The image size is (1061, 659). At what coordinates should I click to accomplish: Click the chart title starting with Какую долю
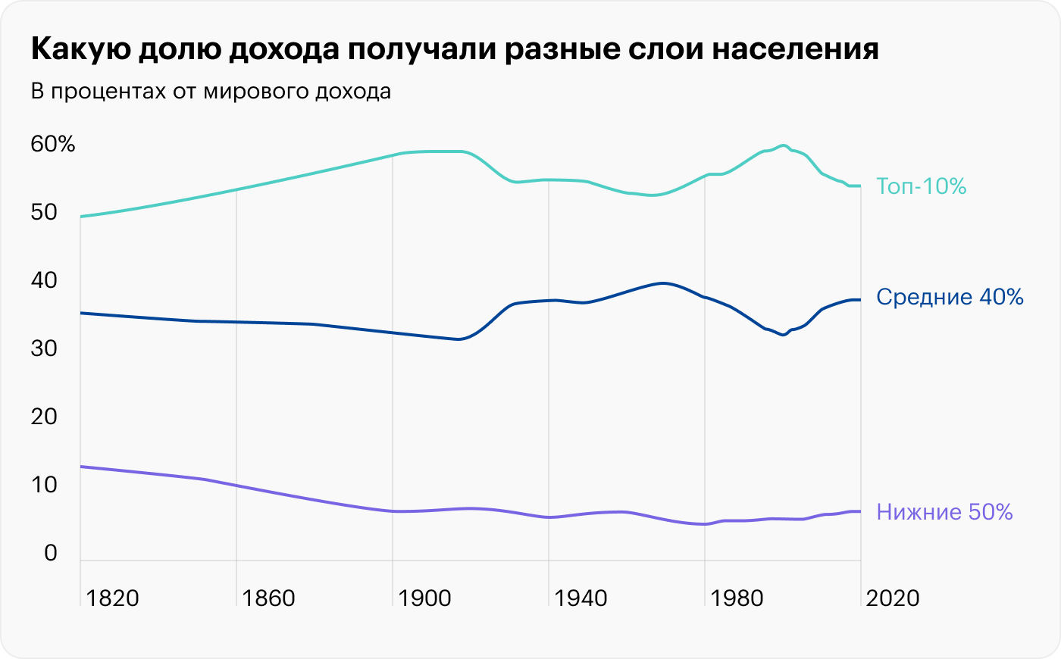455,50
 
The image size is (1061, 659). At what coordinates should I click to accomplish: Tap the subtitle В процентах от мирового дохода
211,92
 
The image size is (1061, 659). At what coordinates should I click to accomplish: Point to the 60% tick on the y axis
53,144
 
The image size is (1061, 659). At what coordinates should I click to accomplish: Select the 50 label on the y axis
44,212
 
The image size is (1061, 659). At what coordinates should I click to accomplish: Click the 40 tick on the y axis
44,280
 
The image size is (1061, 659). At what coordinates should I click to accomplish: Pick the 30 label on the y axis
44,348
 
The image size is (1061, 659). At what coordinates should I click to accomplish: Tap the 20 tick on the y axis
44,417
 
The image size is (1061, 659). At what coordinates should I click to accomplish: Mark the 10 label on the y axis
44,485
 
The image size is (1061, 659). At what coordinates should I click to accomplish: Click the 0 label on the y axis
51,553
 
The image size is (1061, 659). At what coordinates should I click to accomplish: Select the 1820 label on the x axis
113,598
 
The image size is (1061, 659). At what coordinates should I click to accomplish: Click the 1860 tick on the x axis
269,598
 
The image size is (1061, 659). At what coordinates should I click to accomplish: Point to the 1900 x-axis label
425,598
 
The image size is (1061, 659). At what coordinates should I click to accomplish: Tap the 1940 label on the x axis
581,598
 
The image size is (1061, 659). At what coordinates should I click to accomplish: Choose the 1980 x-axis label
737,598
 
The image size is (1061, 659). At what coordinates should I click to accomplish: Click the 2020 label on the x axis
893,598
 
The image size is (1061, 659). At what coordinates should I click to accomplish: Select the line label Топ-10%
921,186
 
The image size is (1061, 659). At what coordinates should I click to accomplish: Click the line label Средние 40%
950,297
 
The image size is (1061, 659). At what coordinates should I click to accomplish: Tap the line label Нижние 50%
944,512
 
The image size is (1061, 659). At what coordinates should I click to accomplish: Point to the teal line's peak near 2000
783,145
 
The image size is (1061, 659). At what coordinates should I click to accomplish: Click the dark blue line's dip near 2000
783,335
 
